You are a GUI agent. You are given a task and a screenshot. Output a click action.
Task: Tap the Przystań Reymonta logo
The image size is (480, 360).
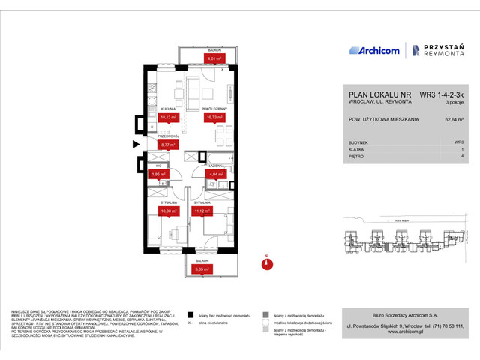click(436, 51)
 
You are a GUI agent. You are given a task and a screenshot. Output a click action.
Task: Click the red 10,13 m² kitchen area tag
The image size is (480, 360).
click(168, 117)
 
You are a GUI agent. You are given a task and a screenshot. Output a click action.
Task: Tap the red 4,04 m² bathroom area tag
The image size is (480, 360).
click(215, 175)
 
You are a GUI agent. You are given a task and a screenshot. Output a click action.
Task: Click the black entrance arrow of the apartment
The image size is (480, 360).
click(136, 144)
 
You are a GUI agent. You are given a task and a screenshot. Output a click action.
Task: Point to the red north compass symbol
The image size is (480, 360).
click(266, 262)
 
